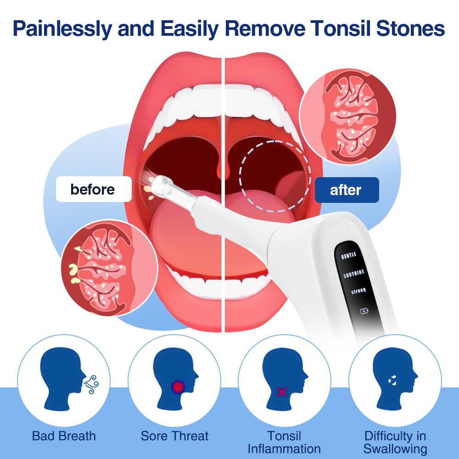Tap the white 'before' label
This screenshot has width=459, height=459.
(x=93, y=189)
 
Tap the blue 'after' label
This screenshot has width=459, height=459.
(x=346, y=190)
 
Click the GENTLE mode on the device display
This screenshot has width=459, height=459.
(x=349, y=256)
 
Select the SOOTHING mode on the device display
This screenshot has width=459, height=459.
(x=354, y=274)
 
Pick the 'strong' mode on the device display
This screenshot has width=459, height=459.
(x=358, y=291)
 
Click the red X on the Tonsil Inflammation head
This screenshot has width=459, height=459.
(x=282, y=392)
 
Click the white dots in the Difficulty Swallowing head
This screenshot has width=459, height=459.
(x=392, y=380)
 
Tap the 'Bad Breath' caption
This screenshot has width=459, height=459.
(x=64, y=436)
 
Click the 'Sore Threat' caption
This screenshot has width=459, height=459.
(x=174, y=436)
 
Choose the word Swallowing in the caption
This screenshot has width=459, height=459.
(x=395, y=448)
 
